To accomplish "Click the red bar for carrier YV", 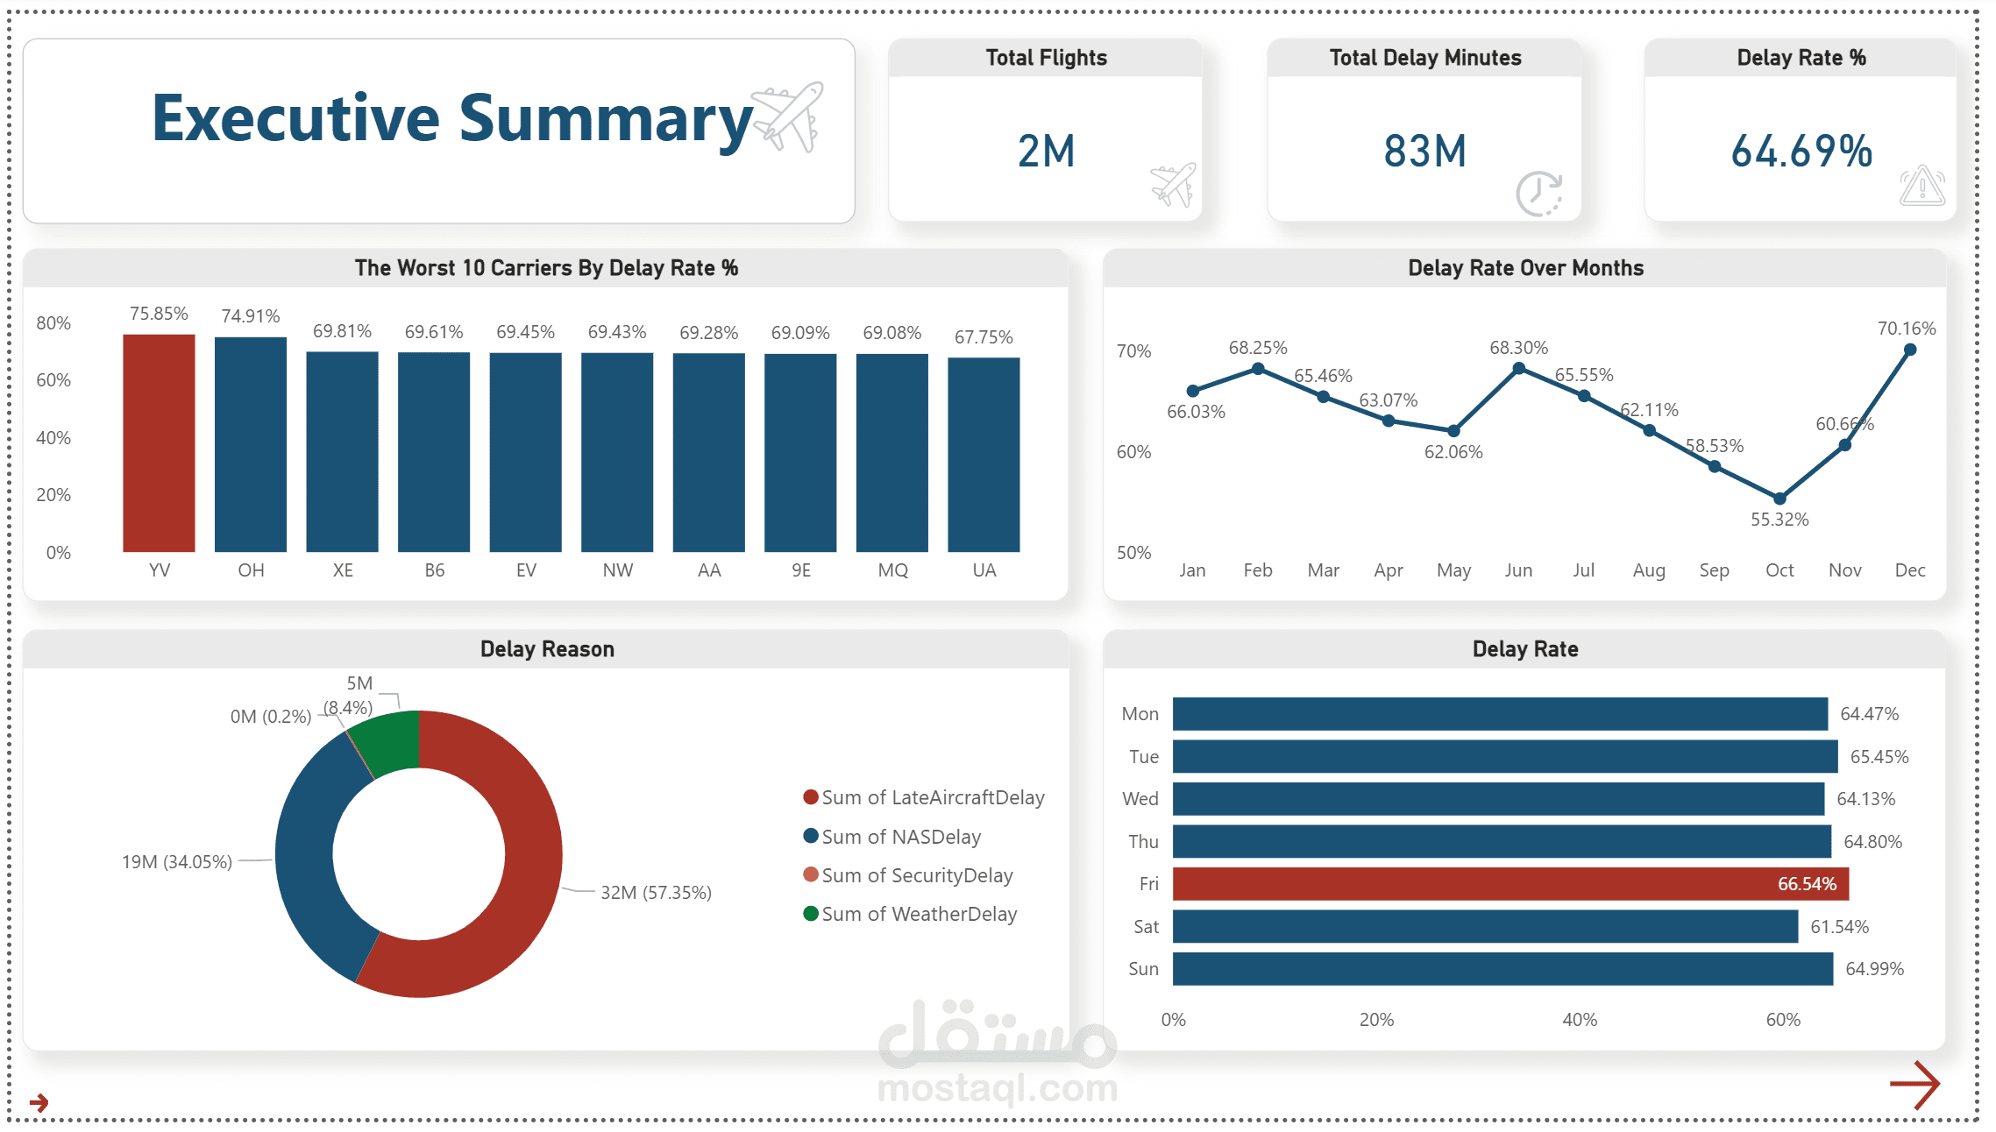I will (159, 443).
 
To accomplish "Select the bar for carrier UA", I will (984, 455).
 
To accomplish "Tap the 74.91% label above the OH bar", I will (251, 316).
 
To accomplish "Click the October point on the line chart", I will (1779, 499).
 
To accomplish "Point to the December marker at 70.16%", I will (1910, 350).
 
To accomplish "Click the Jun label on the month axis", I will (1518, 570).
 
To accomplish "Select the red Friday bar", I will (1509, 884).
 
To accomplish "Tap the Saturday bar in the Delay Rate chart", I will (1485, 926).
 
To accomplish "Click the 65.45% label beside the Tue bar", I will (1879, 757).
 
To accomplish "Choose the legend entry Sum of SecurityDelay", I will (916, 875).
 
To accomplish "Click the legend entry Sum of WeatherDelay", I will (919, 914).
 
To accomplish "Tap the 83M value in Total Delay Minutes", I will (1424, 151).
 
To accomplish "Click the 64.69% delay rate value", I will (1801, 151).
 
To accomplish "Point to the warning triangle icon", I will (1921, 186).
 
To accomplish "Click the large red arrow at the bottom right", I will (1915, 1085).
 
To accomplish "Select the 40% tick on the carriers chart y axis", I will (53, 438).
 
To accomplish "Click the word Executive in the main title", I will (295, 118).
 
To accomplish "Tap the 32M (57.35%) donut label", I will (656, 893).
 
